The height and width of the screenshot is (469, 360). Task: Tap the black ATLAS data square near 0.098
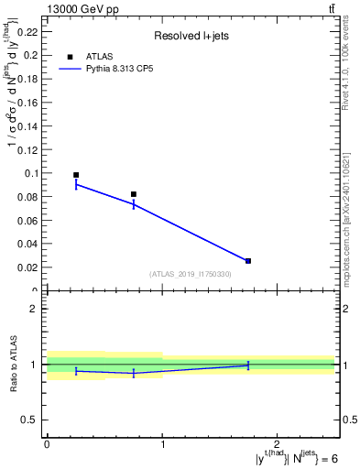[x=76, y=175]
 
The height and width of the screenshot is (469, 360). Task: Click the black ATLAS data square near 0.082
[x=134, y=194]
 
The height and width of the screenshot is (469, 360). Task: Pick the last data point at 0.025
[x=248, y=261]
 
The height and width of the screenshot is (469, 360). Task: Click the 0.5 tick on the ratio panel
[x=29, y=420]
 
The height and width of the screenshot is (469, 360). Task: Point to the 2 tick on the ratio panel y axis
[x=33, y=309]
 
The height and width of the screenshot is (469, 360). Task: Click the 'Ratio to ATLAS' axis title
[x=13, y=365]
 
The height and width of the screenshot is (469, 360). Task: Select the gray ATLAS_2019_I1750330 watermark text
[x=191, y=274]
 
